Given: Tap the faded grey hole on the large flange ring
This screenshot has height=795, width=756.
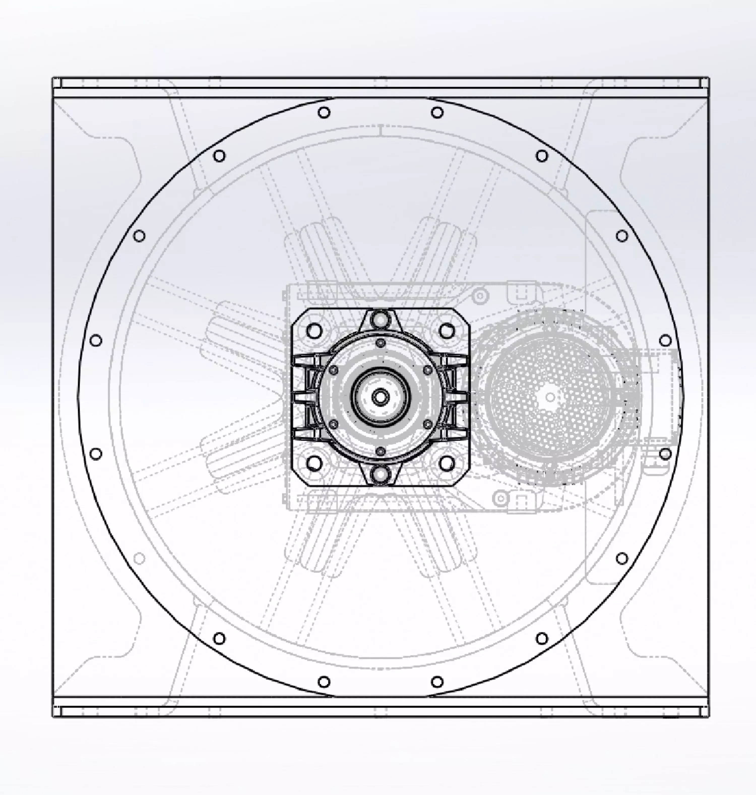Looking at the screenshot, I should point(139,558).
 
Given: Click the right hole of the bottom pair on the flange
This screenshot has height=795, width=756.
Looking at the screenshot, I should point(437,682).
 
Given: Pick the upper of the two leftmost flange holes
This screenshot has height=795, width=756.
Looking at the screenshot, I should point(96,340).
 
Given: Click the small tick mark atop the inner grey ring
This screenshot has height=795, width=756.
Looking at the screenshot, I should point(381,130).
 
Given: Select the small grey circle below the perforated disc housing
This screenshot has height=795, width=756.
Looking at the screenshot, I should point(500,498).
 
